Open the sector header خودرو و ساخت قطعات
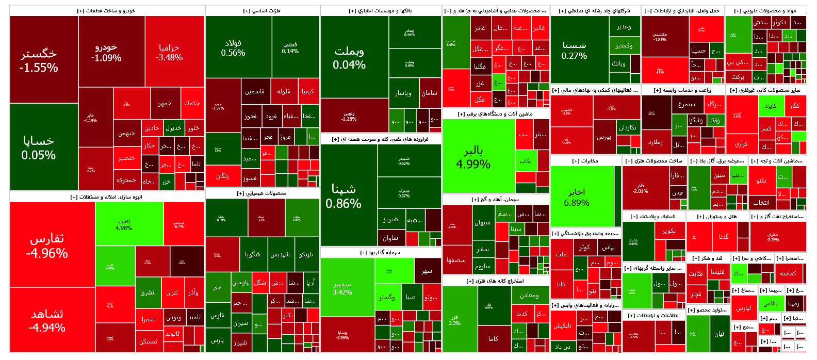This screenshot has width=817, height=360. (x=107, y=10)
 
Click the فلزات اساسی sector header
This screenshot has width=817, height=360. (x=263, y=10)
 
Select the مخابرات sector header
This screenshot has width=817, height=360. (x=585, y=161)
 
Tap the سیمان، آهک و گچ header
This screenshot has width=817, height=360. (x=496, y=199)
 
